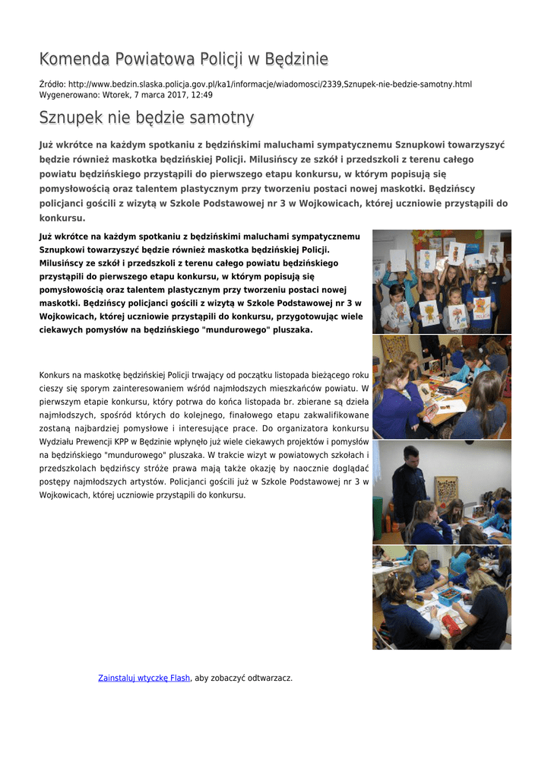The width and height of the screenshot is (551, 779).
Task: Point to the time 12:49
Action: (x=201, y=95)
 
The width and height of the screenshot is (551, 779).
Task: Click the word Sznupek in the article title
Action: (x=71, y=118)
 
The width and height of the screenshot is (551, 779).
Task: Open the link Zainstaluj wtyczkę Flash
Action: (x=144, y=678)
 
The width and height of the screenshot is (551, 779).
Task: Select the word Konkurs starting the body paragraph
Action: (x=55, y=375)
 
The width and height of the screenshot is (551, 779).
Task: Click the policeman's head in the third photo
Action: (x=410, y=455)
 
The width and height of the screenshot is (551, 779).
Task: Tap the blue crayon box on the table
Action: (x=451, y=594)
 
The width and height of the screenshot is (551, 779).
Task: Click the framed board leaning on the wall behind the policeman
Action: (x=446, y=493)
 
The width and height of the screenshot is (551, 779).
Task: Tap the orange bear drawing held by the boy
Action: (x=429, y=312)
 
